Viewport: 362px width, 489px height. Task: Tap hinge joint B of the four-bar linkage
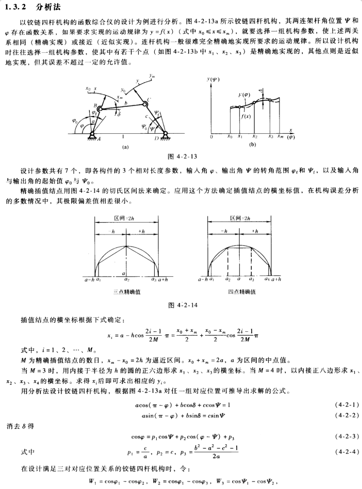99,109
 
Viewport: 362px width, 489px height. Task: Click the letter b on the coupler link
126,103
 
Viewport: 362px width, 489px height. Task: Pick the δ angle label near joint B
119,114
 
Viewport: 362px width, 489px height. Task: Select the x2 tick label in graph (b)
255,137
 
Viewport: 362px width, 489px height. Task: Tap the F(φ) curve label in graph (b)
244,95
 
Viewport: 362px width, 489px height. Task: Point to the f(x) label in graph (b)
244,116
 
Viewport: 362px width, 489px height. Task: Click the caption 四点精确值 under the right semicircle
241,292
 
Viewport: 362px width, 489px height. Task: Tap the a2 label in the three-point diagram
126,279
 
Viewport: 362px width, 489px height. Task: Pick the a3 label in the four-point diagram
252,279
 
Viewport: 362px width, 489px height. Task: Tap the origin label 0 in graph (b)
212,137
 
